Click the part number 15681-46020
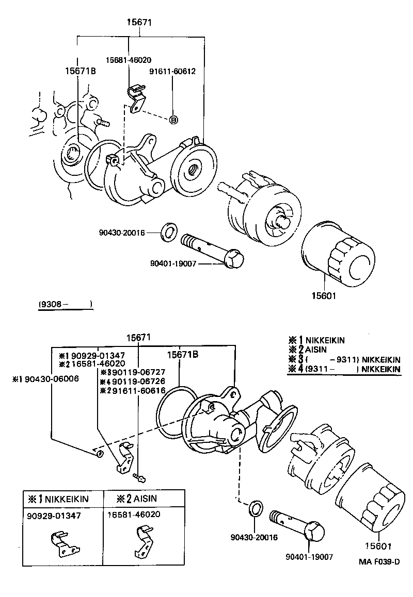click(x=129, y=60)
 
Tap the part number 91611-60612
click(x=173, y=71)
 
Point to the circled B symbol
click(x=174, y=120)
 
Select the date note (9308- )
click(x=66, y=304)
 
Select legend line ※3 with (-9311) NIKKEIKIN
click(x=344, y=359)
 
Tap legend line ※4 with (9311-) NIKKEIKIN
click(x=344, y=369)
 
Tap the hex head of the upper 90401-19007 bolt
click(x=234, y=258)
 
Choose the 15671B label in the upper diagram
click(x=81, y=71)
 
